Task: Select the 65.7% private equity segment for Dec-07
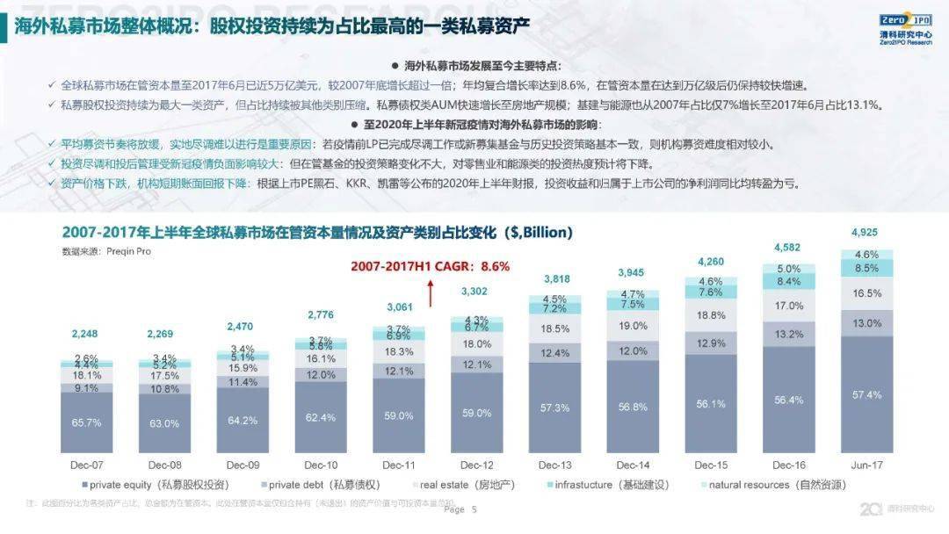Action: [x=87, y=422]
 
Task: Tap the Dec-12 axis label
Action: [x=477, y=465]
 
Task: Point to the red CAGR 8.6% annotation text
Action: [x=430, y=266]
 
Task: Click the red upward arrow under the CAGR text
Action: [x=431, y=293]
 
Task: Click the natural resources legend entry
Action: [x=774, y=485]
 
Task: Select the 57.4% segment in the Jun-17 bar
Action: [x=866, y=395]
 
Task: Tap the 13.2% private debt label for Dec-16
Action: [x=788, y=334]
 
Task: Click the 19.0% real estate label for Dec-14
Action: [x=633, y=325]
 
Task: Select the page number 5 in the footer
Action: [x=474, y=509]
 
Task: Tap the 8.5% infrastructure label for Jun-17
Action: [x=866, y=268]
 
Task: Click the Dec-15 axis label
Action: [x=710, y=465]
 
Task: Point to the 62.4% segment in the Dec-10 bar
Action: [x=321, y=418]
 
